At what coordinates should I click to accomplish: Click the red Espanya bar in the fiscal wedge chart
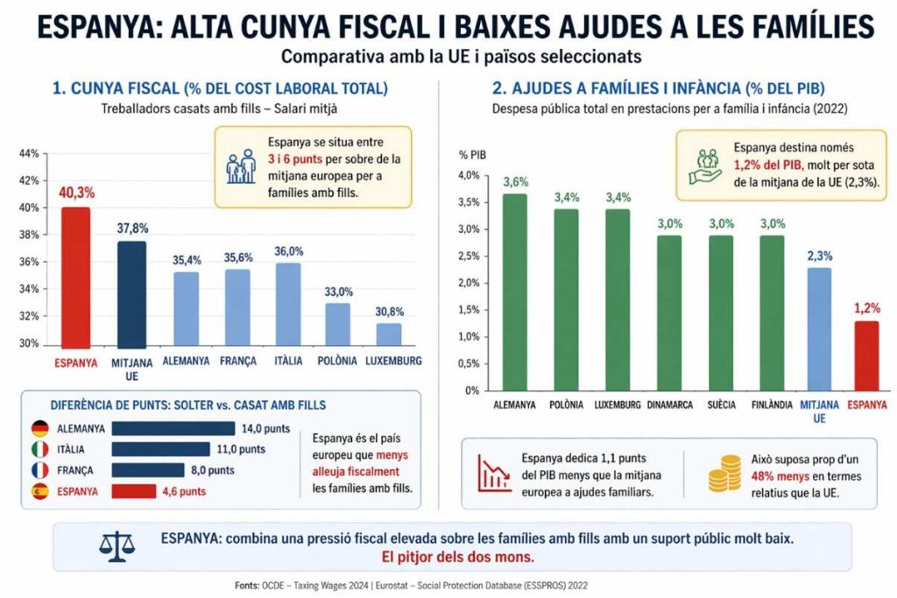[76, 276]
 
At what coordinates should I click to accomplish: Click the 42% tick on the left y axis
[29, 181]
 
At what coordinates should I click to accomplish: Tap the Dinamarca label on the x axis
[669, 405]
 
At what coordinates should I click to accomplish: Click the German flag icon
[39, 429]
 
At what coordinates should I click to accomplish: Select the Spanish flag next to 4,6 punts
[39, 491]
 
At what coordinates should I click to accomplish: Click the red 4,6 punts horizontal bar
[134, 491]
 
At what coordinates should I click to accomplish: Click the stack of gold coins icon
[722, 473]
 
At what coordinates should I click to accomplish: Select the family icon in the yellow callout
[240, 165]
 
